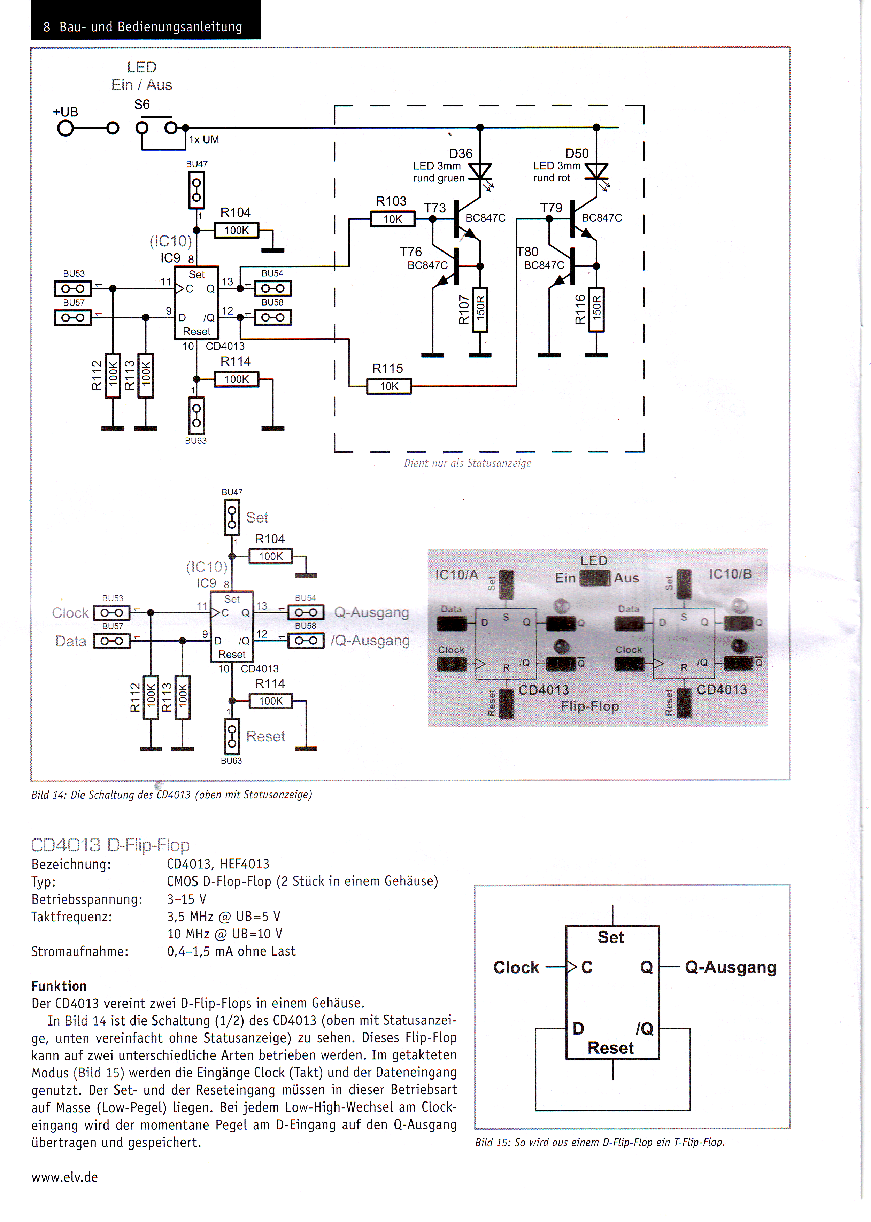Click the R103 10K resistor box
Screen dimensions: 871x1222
point(393,219)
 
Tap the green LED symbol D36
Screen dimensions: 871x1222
point(480,172)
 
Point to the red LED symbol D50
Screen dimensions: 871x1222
point(596,172)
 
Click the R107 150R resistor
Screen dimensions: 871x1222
point(480,310)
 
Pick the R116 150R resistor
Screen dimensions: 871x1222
point(596,310)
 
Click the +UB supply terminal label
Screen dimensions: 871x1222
point(65,112)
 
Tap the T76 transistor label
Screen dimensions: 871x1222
point(411,252)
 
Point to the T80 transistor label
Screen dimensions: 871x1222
point(528,252)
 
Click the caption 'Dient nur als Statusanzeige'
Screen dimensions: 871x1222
point(468,463)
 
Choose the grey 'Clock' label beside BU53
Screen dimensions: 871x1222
point(70,613)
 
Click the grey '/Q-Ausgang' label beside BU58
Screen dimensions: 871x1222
point(370,640)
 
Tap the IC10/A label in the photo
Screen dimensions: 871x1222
point(456,575)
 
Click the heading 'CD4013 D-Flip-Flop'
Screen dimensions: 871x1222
point(110,845)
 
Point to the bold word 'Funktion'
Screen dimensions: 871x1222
point(59,986)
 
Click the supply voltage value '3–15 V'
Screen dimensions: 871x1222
point(187,899)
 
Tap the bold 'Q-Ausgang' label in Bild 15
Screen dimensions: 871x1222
point(731,967)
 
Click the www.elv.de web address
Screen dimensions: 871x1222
point(65,1177)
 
